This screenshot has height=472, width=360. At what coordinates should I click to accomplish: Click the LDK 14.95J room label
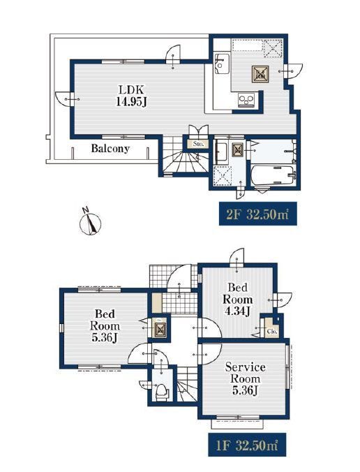coord(131,96)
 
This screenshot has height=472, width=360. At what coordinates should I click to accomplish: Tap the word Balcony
coord(110,149)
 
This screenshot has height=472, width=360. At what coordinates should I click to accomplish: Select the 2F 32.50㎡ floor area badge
coord(257,214)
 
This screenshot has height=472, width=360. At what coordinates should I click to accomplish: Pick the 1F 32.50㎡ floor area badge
coord(246,445)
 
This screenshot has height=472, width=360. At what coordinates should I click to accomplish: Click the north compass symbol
coord(90,222)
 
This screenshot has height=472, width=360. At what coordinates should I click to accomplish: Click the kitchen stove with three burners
coord(246,100)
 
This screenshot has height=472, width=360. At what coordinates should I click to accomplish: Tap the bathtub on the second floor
coord(273,175)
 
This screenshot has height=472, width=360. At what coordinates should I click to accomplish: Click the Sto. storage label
coord(198,144)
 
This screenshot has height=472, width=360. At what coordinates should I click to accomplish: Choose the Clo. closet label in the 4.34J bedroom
coord(272,332)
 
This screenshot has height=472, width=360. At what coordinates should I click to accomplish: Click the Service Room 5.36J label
coord(245,378)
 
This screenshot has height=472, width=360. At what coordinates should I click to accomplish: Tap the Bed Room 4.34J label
coord(237,300)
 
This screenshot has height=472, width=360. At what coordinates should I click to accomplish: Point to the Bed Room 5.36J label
coord(105,325)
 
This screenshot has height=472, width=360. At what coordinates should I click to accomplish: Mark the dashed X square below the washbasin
coord(223,175)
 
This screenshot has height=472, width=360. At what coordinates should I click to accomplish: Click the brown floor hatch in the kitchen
coord(260,74)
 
